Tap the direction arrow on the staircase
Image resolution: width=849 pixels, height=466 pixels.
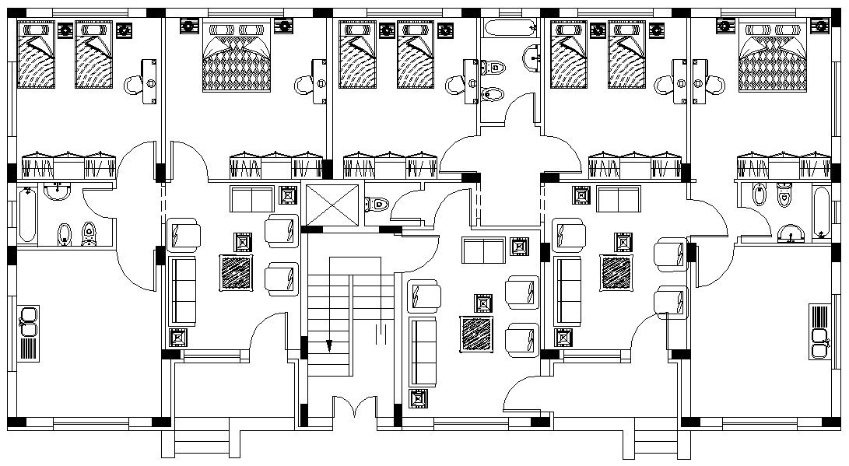[329, 343]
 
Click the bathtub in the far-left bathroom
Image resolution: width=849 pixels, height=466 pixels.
[25, 217]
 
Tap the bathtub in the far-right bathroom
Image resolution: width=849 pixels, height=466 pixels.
[822, 212]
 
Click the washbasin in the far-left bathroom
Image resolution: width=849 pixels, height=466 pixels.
[56, 191]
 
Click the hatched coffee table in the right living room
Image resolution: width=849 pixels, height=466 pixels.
[617, 272]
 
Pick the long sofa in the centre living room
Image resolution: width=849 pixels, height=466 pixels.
[423, 351]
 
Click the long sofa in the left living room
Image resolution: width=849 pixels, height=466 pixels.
[184, 291]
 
